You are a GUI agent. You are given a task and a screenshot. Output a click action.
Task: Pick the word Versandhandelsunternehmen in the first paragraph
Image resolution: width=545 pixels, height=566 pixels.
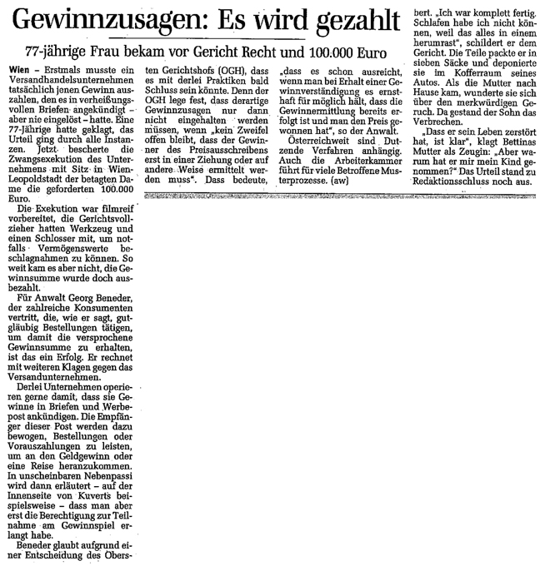[60, 84]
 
